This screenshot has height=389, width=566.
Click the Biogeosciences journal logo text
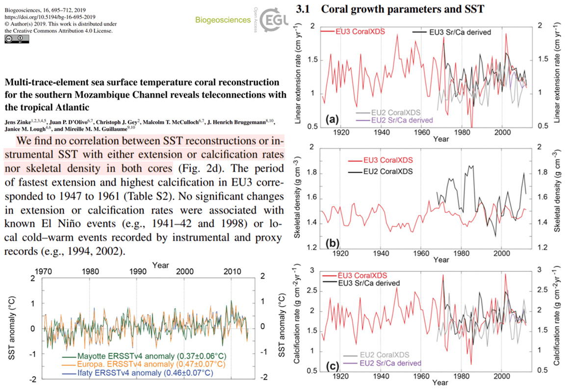[x=223, y=20]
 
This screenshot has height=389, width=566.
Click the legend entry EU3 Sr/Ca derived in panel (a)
[x=460, y=32]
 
